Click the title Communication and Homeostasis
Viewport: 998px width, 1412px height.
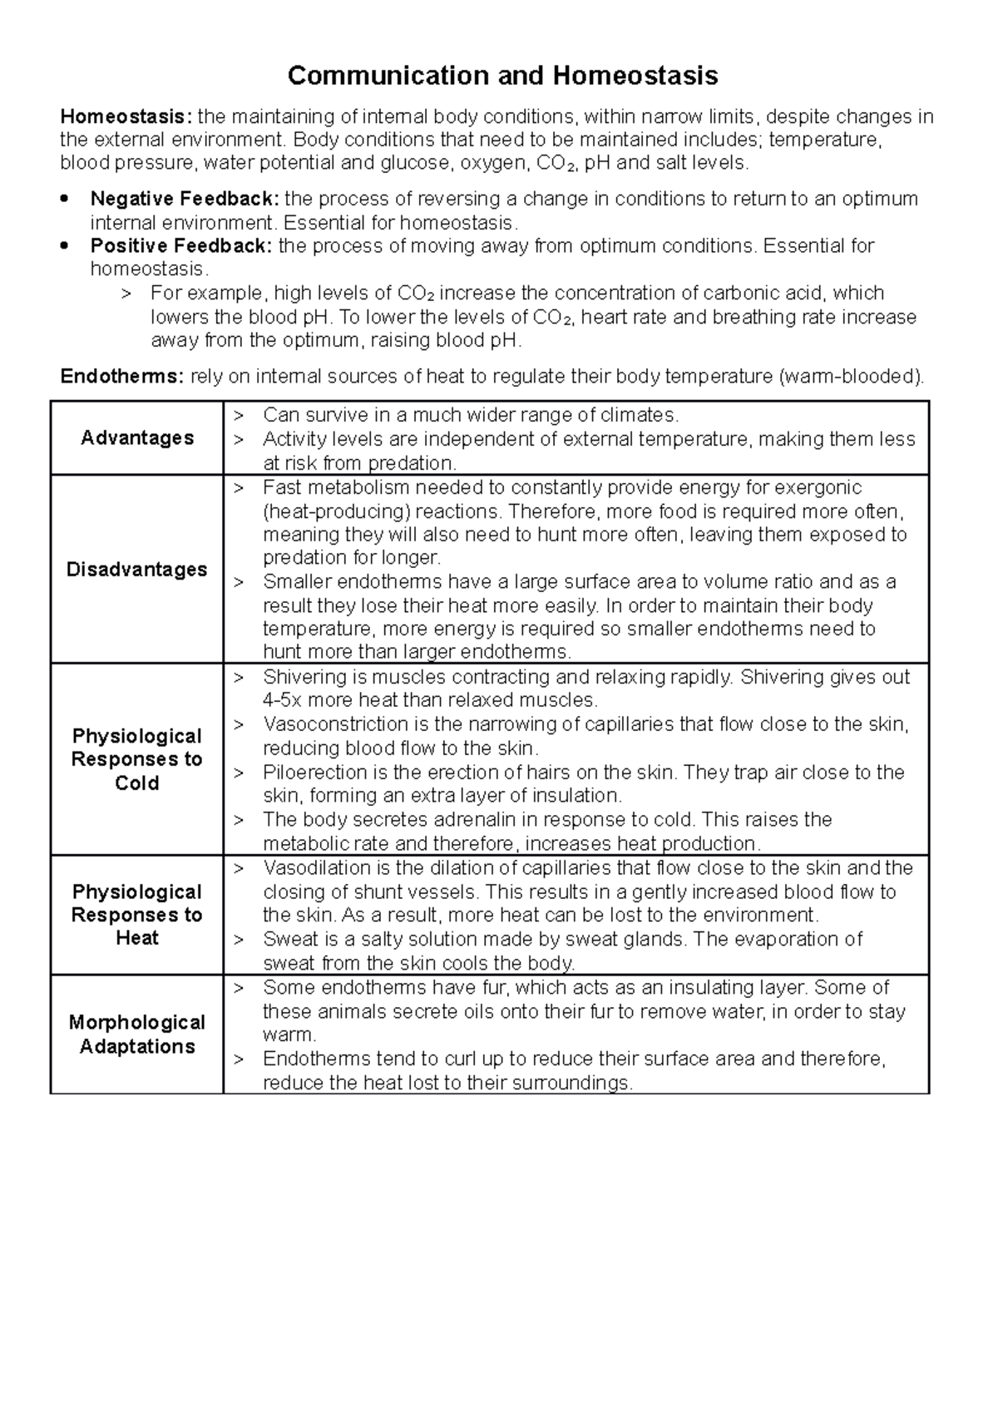point(502,77)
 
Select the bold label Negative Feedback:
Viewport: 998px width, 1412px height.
point(185,199)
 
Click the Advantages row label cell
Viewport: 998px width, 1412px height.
point(137,438)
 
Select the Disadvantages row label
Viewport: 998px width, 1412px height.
point(137,570)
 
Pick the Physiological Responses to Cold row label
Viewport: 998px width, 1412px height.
point(137,759)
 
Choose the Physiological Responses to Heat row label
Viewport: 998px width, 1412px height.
point(137,915)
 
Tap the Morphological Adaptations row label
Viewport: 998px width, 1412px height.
point(137,1034)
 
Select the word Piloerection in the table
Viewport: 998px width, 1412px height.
point(311,773)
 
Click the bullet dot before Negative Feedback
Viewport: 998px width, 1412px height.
point(66,200)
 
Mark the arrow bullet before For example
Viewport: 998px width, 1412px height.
point(126,294)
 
